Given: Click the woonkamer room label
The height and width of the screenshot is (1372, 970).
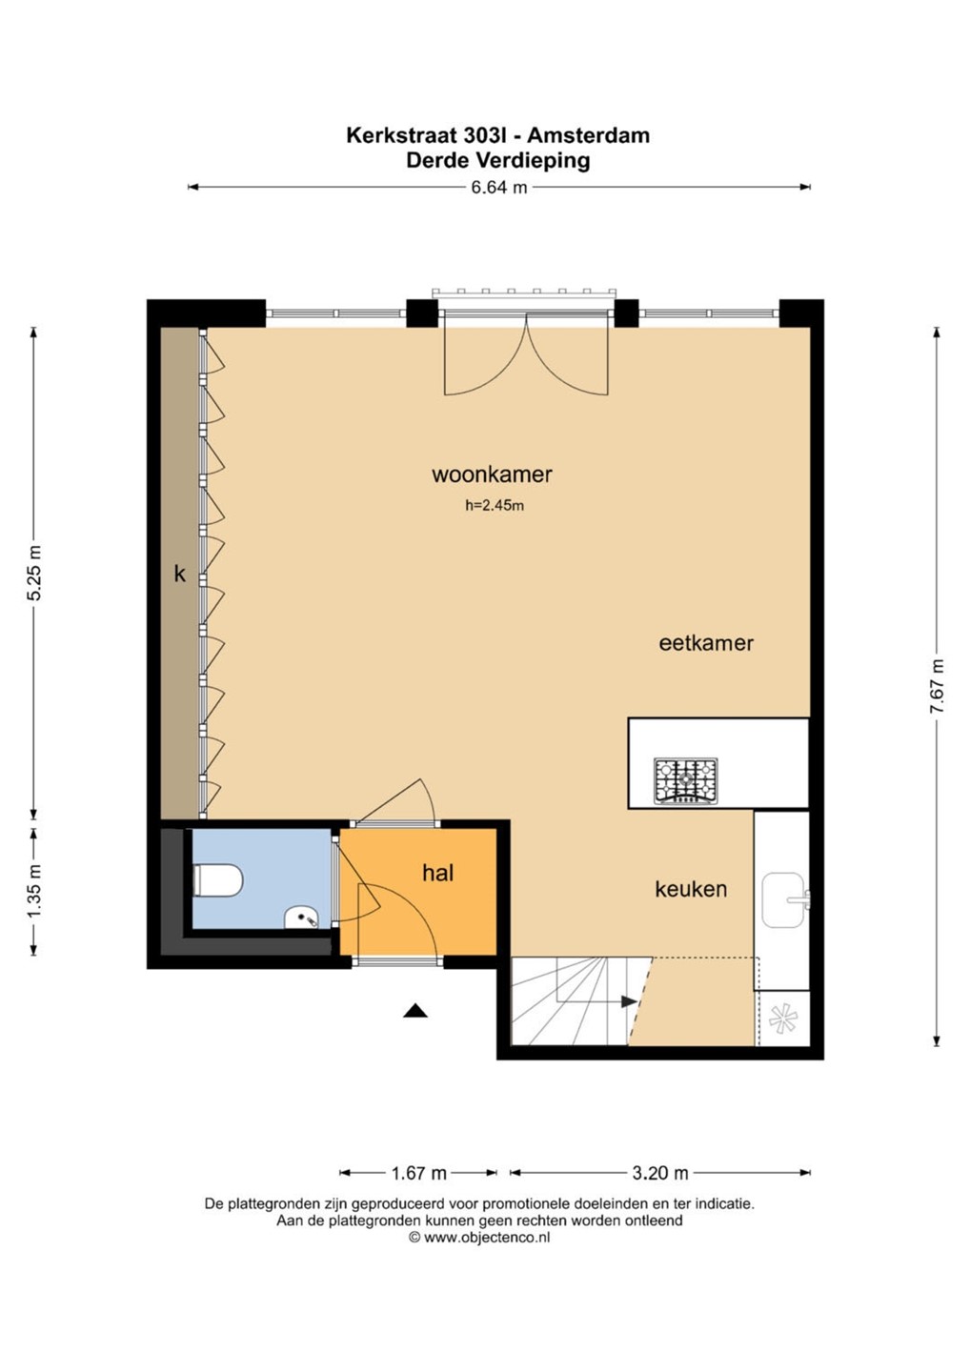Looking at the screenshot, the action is point(492,474).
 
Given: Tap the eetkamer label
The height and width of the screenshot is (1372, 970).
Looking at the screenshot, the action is point(706,643).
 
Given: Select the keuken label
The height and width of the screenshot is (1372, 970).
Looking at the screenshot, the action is point(691,889).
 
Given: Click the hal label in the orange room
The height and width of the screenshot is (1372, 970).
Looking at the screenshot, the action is point(438,873).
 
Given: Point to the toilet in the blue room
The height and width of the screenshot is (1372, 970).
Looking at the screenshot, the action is point(217,880).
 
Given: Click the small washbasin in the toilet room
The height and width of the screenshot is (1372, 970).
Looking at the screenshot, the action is point(302,918).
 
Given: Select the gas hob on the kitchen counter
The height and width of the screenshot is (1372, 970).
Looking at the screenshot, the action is point(685,780).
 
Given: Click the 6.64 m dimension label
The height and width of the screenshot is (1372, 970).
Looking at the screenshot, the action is point(499,188).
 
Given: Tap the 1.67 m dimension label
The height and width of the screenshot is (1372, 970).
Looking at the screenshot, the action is point(419,1173).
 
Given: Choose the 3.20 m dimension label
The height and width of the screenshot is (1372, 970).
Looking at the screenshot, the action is point(660,1173).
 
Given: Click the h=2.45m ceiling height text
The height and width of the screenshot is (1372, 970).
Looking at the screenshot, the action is point(495,506).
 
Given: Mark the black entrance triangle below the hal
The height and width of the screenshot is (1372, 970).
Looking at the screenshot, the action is point(415,1010).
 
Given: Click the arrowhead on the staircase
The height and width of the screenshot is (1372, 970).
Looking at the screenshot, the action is point(629,1001).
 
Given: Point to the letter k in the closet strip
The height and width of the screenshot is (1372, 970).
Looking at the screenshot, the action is point(180,574).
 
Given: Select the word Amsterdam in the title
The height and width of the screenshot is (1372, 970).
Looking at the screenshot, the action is point(589,134).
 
